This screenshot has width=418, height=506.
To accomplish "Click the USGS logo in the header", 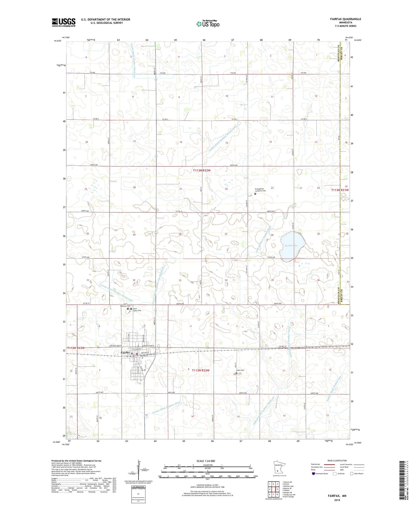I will (64, 22).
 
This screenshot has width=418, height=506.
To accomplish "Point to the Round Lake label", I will (291, 245).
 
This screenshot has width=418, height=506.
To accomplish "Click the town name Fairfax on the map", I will (125, 353).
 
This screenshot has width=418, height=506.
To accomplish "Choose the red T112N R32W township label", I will (201, 370).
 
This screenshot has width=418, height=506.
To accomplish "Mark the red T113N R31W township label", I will (340, 190).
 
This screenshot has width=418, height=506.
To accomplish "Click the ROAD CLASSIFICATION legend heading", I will (337, 461).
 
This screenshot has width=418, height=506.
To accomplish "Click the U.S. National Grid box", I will (138, 494).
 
